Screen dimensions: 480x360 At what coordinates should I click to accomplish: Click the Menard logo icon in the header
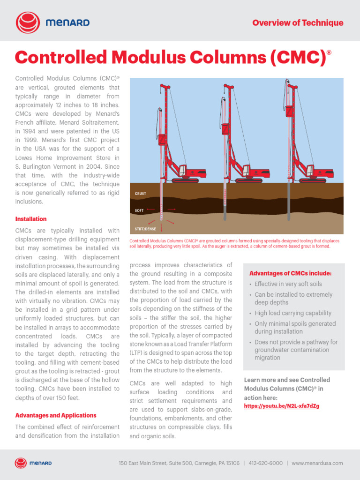(x=27, y=22)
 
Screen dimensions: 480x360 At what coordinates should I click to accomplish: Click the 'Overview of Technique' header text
(x=298, y=22)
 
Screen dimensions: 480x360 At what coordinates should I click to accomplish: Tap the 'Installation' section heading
(x=31, y=219)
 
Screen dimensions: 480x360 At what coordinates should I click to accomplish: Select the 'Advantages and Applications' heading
(x=56, y=415)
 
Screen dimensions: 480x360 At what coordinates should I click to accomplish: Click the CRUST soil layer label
(x=141, y=194)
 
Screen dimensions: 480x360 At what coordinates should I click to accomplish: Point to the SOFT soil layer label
(x=139, y=211)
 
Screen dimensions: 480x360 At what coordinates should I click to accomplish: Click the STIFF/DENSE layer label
(x=146, y=229)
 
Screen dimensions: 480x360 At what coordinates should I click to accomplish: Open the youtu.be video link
(x=282, y=406)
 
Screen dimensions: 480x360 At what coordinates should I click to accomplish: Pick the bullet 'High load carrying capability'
(x=293, y=313)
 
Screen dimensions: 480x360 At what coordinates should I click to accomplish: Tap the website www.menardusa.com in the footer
(x=317, y=463)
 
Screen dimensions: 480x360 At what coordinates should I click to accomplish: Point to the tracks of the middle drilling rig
(x=248, y=180)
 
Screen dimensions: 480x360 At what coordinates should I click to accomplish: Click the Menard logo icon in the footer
(x=21, y=463)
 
